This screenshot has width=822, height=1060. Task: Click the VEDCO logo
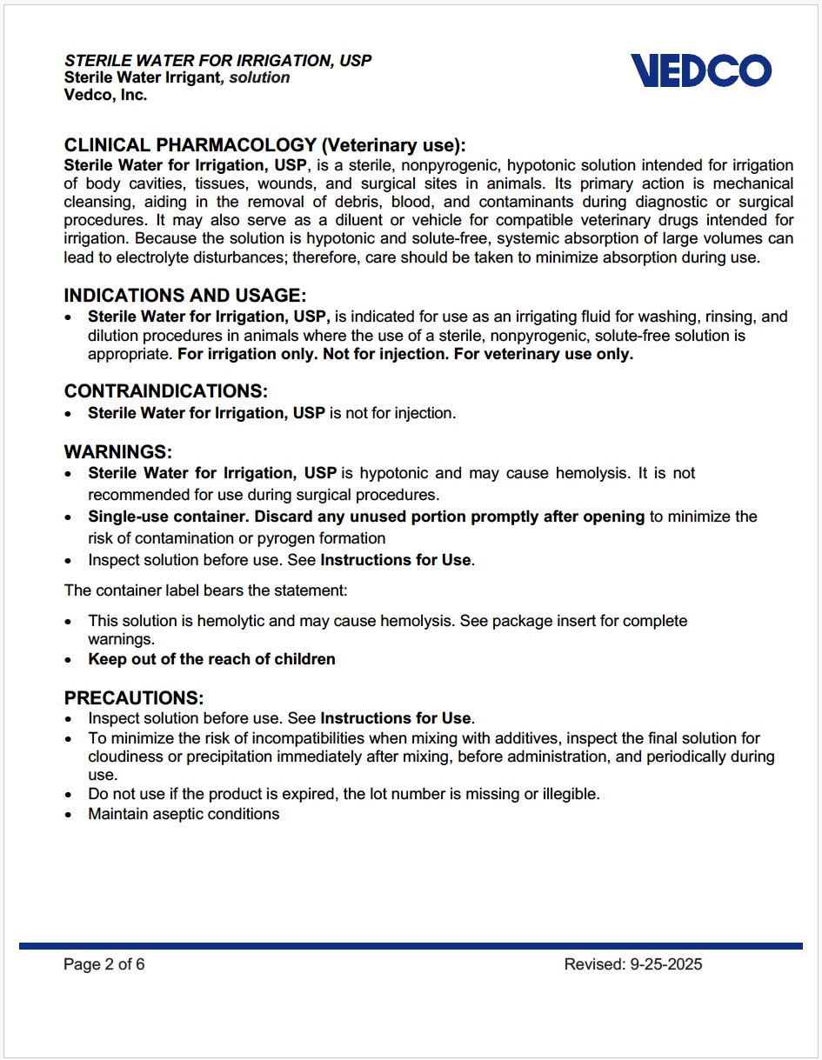pyautogui.click(x=700, y=70)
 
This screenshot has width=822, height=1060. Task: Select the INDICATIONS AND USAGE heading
pyautogui.click(x=185, y=296)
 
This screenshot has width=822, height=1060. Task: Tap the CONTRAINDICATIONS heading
pyautogui.click(x=166, y=391)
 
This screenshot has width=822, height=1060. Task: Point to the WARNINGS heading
pyautogui.click(x=118, y=452)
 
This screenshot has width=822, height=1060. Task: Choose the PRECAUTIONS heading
pyautogui.click(x=134, y=698)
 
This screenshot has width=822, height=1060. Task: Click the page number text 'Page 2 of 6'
pyautogui.click(x=104, y=964)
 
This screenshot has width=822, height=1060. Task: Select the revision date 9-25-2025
pyautogui.click(x=665, y=964)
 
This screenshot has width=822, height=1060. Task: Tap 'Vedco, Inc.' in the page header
pyautogui.click(x=106, y=96)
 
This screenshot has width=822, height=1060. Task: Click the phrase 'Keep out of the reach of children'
pyautogui.click(x=211, y=659)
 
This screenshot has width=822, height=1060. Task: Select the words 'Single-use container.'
pyautogui.click(x=169, y=517)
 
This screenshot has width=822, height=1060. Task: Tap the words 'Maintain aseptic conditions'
pyautogui.click(x=184, y=814)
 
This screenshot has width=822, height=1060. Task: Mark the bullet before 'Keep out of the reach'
pyautogui.click(x=70, y=660)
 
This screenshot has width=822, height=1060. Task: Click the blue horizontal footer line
pyautogui.click(x=411, y=946)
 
